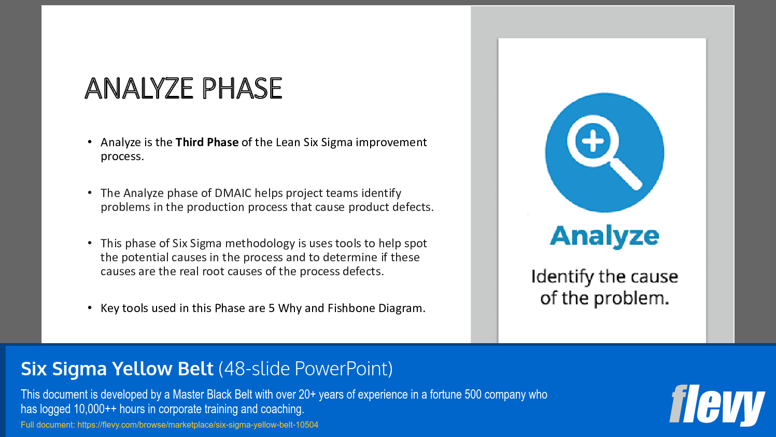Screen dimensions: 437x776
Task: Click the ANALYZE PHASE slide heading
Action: coord(183,88)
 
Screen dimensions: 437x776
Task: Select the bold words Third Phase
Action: coord(207,142)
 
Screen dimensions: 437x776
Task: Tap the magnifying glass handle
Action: coord(626,175)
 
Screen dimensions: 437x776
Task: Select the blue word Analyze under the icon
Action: coord(604,236)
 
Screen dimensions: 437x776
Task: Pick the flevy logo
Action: coord(716,404)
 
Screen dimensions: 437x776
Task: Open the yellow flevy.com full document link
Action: coord(197,425)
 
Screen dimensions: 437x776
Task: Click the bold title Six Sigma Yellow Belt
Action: coord(117,369)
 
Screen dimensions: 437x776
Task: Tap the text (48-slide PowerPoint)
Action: coord(305,369)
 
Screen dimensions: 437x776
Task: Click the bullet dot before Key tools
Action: coord(90,308)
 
